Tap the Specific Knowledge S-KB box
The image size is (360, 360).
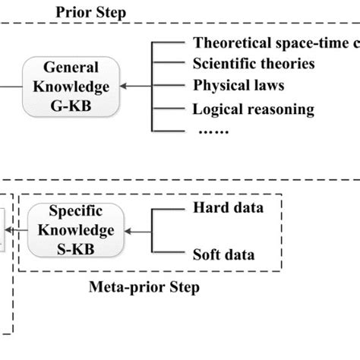coord(72,230)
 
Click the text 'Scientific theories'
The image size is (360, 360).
coord(254,64)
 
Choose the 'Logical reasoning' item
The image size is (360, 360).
coord(253,109)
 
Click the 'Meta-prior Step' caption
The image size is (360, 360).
coord(144,288)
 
